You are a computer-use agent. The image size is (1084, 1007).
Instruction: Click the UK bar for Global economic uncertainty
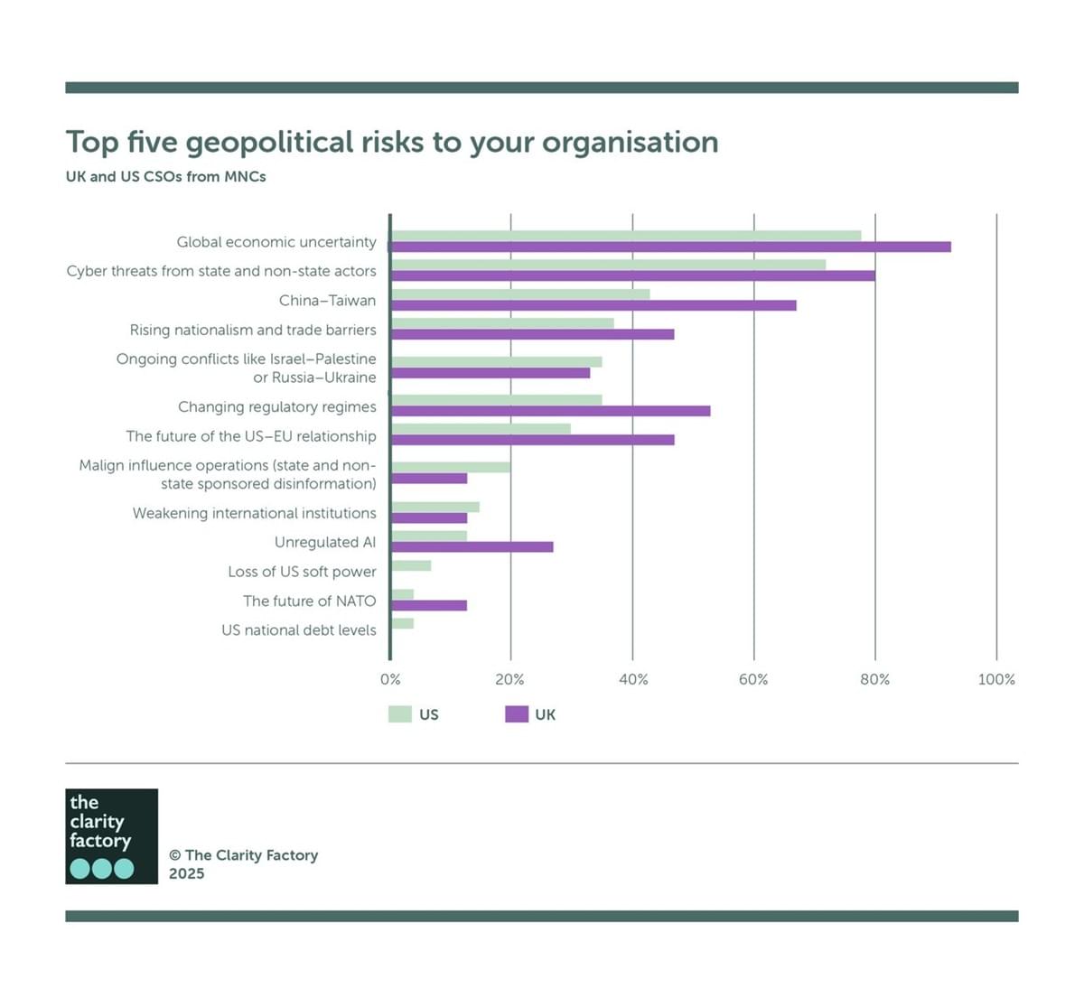point(670,247)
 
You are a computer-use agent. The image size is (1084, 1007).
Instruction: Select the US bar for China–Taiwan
point(520,294)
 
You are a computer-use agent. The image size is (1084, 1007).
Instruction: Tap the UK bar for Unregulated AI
point(472,546)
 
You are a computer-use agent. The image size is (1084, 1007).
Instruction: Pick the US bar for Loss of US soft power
point(411,565)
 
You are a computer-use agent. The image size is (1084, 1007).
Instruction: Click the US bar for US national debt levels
point(403,623)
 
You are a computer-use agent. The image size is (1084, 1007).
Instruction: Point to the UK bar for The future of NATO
point(429,605)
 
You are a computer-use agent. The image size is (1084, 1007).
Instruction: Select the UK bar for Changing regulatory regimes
point(550,411)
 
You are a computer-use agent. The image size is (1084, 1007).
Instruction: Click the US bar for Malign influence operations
point(451,467)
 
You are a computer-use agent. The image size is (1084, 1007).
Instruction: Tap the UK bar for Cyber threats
point(632,275)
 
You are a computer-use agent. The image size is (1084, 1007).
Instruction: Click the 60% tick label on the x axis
point(753,679)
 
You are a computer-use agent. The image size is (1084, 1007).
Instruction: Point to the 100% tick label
point(996,679)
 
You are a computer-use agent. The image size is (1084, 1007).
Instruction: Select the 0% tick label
point(390,679)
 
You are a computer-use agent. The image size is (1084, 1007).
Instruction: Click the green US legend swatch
point(400,714)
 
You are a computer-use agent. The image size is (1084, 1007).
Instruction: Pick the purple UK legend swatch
point(517,714)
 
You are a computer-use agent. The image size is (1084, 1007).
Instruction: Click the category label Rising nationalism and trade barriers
point(253,330)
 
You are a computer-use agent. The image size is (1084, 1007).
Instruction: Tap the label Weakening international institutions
point(255,513)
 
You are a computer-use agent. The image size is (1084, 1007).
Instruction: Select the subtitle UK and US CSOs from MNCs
point(165,176)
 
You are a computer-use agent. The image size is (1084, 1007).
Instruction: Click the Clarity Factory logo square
point(111,835)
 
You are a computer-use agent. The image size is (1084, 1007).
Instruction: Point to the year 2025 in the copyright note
point(187,873)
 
